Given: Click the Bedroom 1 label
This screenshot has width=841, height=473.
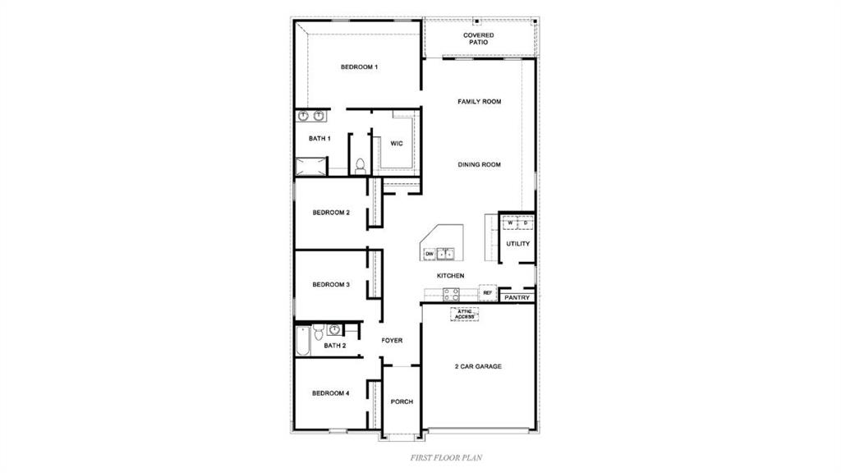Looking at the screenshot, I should coord(359,67).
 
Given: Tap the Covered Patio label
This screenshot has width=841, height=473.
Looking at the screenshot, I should coord(478,39).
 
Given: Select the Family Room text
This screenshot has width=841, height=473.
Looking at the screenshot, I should coord(479,102).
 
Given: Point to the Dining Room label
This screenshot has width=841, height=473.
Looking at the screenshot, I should coord(479,165).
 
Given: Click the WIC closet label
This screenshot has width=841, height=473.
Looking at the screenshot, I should coord(397,144).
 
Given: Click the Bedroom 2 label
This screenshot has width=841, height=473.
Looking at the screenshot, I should coord(331,213).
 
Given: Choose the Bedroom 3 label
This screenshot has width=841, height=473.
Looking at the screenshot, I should coord(331,285).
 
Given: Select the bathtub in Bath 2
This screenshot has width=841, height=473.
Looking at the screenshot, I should coord(302,340).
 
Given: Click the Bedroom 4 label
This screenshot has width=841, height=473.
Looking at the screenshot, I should coord(331,393).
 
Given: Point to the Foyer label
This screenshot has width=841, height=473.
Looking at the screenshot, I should coord(392,340).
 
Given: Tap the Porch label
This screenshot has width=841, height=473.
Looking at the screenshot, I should coord(402,402).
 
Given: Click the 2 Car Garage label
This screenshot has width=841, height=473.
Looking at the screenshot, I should coord(478,366).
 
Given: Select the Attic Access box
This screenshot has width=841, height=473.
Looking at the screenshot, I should coord(464,314).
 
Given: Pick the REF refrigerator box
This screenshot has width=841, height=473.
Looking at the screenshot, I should coord(487,293).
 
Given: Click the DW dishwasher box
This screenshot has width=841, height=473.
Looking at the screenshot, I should coord(429,254).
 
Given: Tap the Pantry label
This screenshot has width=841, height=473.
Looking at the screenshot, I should coord(517,297).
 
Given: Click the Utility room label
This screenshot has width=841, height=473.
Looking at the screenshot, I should coord(517,244).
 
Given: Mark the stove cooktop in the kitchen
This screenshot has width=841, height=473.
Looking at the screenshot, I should coord(452,294).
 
